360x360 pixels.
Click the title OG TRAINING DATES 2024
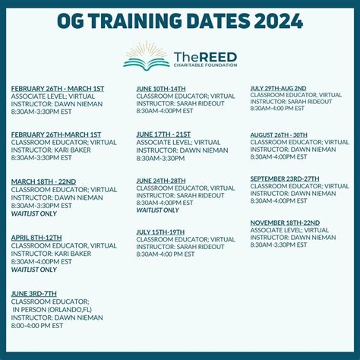coord(180,20)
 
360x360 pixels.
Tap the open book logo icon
coord(147,55)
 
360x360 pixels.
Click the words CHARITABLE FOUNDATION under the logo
coord(205,65)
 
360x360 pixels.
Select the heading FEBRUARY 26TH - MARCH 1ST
coord(57,88)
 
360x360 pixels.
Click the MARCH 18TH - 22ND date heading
coord(43,182)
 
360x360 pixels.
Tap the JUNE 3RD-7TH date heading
coord(34,293)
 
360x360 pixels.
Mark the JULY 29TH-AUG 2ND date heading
coord(279,88)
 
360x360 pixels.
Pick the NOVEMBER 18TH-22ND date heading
coord(285,223)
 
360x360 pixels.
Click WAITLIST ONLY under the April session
coord(33,270)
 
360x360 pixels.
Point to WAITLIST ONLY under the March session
coord(33,213)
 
